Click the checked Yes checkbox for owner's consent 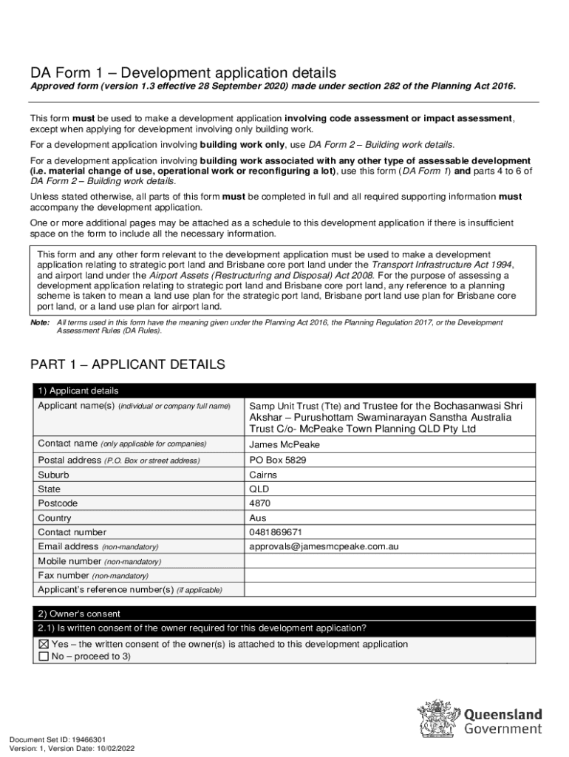[x=44, y=644]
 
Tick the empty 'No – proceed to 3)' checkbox [x=44, y=656]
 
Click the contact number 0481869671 [x=276, y=532]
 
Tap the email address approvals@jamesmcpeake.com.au [x=324, y=546]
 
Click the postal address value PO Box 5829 [x=277, y=460]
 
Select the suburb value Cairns [x=263, y=475]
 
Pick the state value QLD [x=259, y=489]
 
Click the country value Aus [x=258, y=518]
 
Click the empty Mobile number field [x=389, y=561]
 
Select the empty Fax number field [x=389, y=575]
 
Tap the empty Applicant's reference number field [x=389, y=589]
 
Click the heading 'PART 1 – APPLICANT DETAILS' [x=127, y=365]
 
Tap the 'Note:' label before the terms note [x=39, y=323]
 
